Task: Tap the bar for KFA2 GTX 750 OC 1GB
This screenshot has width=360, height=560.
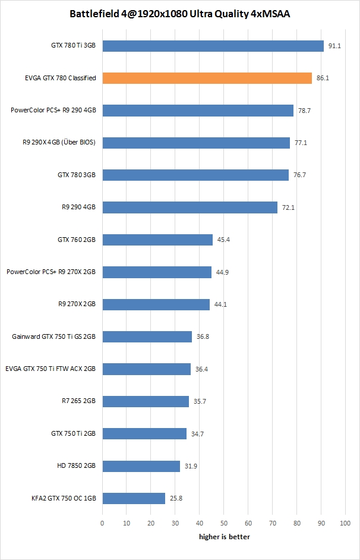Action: (x=134, y=498)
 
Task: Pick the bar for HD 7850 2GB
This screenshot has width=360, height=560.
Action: (x=141, y=466)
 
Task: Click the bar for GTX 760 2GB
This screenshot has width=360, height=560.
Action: (x=157, y=240)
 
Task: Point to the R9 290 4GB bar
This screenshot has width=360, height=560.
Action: (x=190, y=207)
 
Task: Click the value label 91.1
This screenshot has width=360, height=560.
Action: (x=334, y=46)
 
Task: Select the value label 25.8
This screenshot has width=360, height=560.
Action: (x=176, y=498)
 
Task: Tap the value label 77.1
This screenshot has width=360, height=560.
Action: (x=301, y=143)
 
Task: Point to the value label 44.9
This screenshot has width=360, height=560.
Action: (x=222, y=272)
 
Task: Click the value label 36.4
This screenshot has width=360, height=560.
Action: (x=201, y=369)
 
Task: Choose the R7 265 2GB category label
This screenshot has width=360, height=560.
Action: (x=78, y=401)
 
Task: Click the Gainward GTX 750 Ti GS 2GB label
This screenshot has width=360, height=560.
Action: (x=53, y=336)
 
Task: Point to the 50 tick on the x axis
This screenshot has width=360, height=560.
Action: (x=224, y=523)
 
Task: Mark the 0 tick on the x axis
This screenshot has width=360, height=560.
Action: (x=102, y=523)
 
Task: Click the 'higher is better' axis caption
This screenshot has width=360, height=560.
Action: (x=224, y=537)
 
